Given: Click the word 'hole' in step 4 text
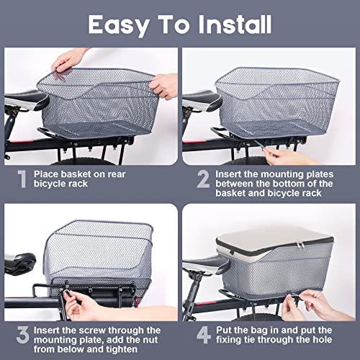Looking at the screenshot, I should tap(328, 345).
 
